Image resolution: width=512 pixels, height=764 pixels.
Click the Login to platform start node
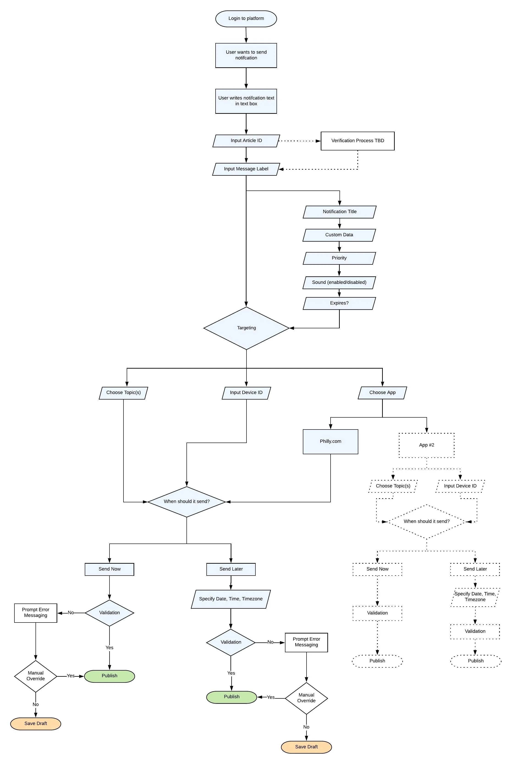(x=246, y=19)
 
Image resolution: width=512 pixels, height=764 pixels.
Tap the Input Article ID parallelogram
(x=246, y=141)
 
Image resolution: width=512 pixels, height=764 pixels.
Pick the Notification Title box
(x=339, y=212)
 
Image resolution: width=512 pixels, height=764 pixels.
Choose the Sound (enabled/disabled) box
(x=339, y=282)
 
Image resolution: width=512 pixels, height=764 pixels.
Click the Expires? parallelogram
(x=339, y=303)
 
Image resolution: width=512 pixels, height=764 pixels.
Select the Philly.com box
(x=330, y=441)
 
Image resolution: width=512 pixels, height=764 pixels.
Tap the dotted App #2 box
(x=427, y=445)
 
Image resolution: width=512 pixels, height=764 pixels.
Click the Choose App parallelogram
(x=382, y=393)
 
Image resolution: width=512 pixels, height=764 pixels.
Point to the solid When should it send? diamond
(x=186, y=502)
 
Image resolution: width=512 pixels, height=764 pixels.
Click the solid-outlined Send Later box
(x=231, y=569)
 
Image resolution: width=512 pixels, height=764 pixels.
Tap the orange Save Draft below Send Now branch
(x=36, y=723)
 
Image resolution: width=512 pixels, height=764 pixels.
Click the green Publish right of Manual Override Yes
(x=110, y=676)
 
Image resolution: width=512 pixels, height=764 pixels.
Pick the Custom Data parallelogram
(x=339, y=235)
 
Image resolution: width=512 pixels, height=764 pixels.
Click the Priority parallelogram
(x=339, y=258)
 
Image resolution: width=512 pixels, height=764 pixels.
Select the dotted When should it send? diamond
(x=427, y=521)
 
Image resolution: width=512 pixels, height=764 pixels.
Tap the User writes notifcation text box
(x=246, y=101)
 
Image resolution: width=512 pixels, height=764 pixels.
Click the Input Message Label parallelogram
(x=246, y=169)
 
